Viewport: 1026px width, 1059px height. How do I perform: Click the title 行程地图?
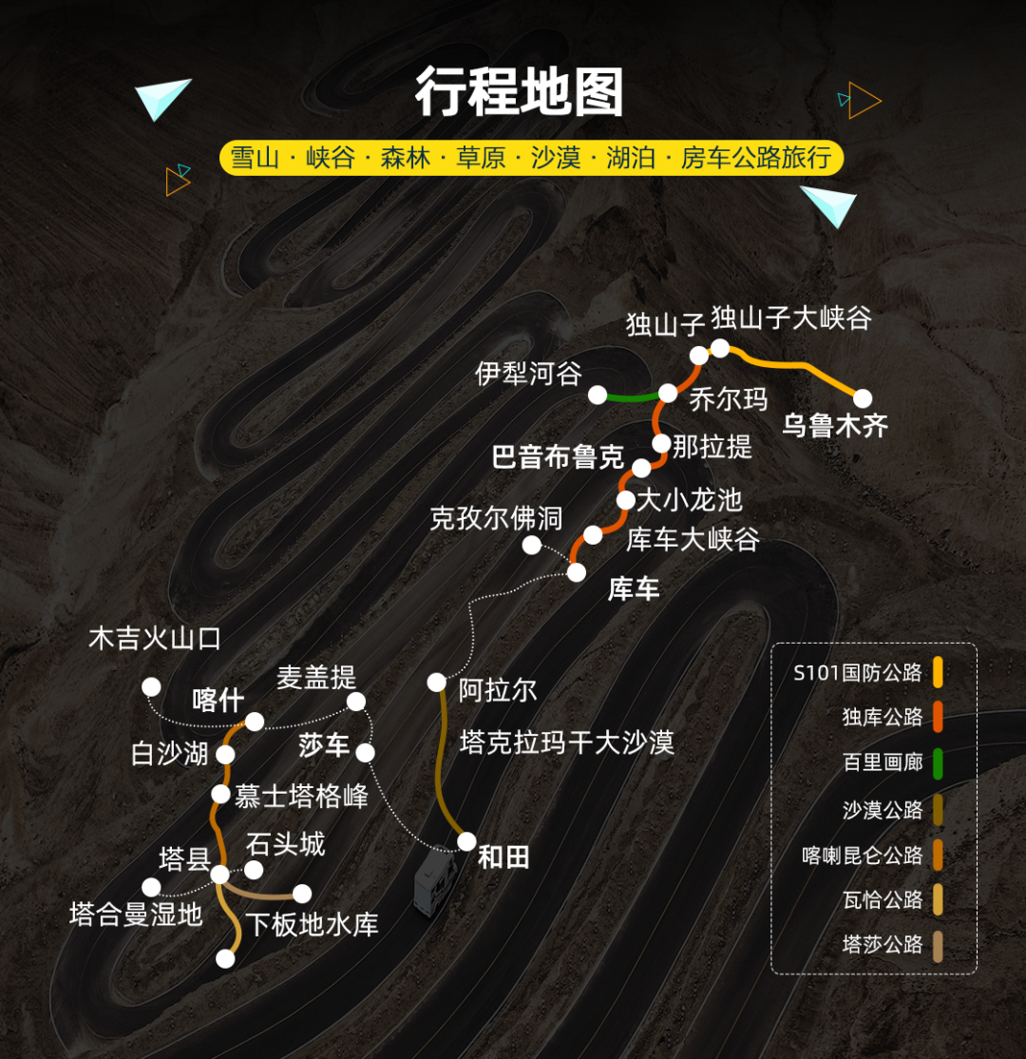(519, 94)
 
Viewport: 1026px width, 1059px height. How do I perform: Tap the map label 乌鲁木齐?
(835, 425)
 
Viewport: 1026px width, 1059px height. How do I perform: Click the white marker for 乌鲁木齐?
(863, 398)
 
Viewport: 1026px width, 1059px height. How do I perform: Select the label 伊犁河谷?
(528, 374)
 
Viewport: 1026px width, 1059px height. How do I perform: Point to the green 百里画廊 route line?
(632, 396)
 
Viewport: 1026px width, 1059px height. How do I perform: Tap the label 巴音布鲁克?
(558, 456)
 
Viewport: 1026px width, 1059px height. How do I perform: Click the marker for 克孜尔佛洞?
(532, 545)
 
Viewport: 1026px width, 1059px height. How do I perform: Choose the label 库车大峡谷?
(693, 539)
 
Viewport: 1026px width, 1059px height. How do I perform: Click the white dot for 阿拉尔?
(436, 682)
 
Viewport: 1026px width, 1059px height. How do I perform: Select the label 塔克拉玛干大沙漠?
(566, 742)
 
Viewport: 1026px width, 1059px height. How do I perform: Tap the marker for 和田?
(466, 841)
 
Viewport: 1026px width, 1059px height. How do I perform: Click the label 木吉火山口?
(155, 638)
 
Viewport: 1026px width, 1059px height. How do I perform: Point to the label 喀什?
(218, 700)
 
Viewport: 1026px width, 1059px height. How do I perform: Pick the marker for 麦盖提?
(356, 702)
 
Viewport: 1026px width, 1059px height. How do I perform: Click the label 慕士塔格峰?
(301, 796)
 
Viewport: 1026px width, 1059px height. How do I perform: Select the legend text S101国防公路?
(858, 673)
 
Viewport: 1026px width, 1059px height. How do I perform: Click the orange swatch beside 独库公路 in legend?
(938, 718)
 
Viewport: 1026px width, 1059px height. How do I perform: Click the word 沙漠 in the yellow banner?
(556, 158)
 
